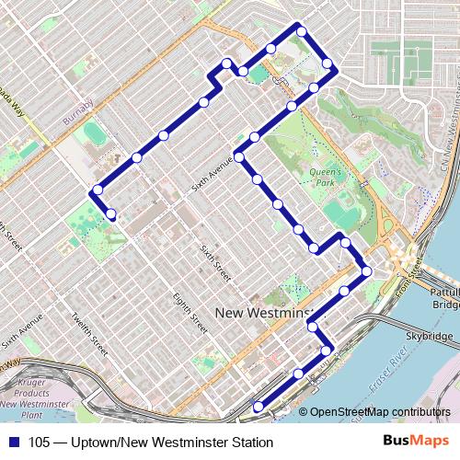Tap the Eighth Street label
(190, 312)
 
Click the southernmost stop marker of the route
(258, 407)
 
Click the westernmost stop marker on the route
(96, 191)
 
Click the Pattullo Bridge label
(444, 297)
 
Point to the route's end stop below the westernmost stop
(111, 214)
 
